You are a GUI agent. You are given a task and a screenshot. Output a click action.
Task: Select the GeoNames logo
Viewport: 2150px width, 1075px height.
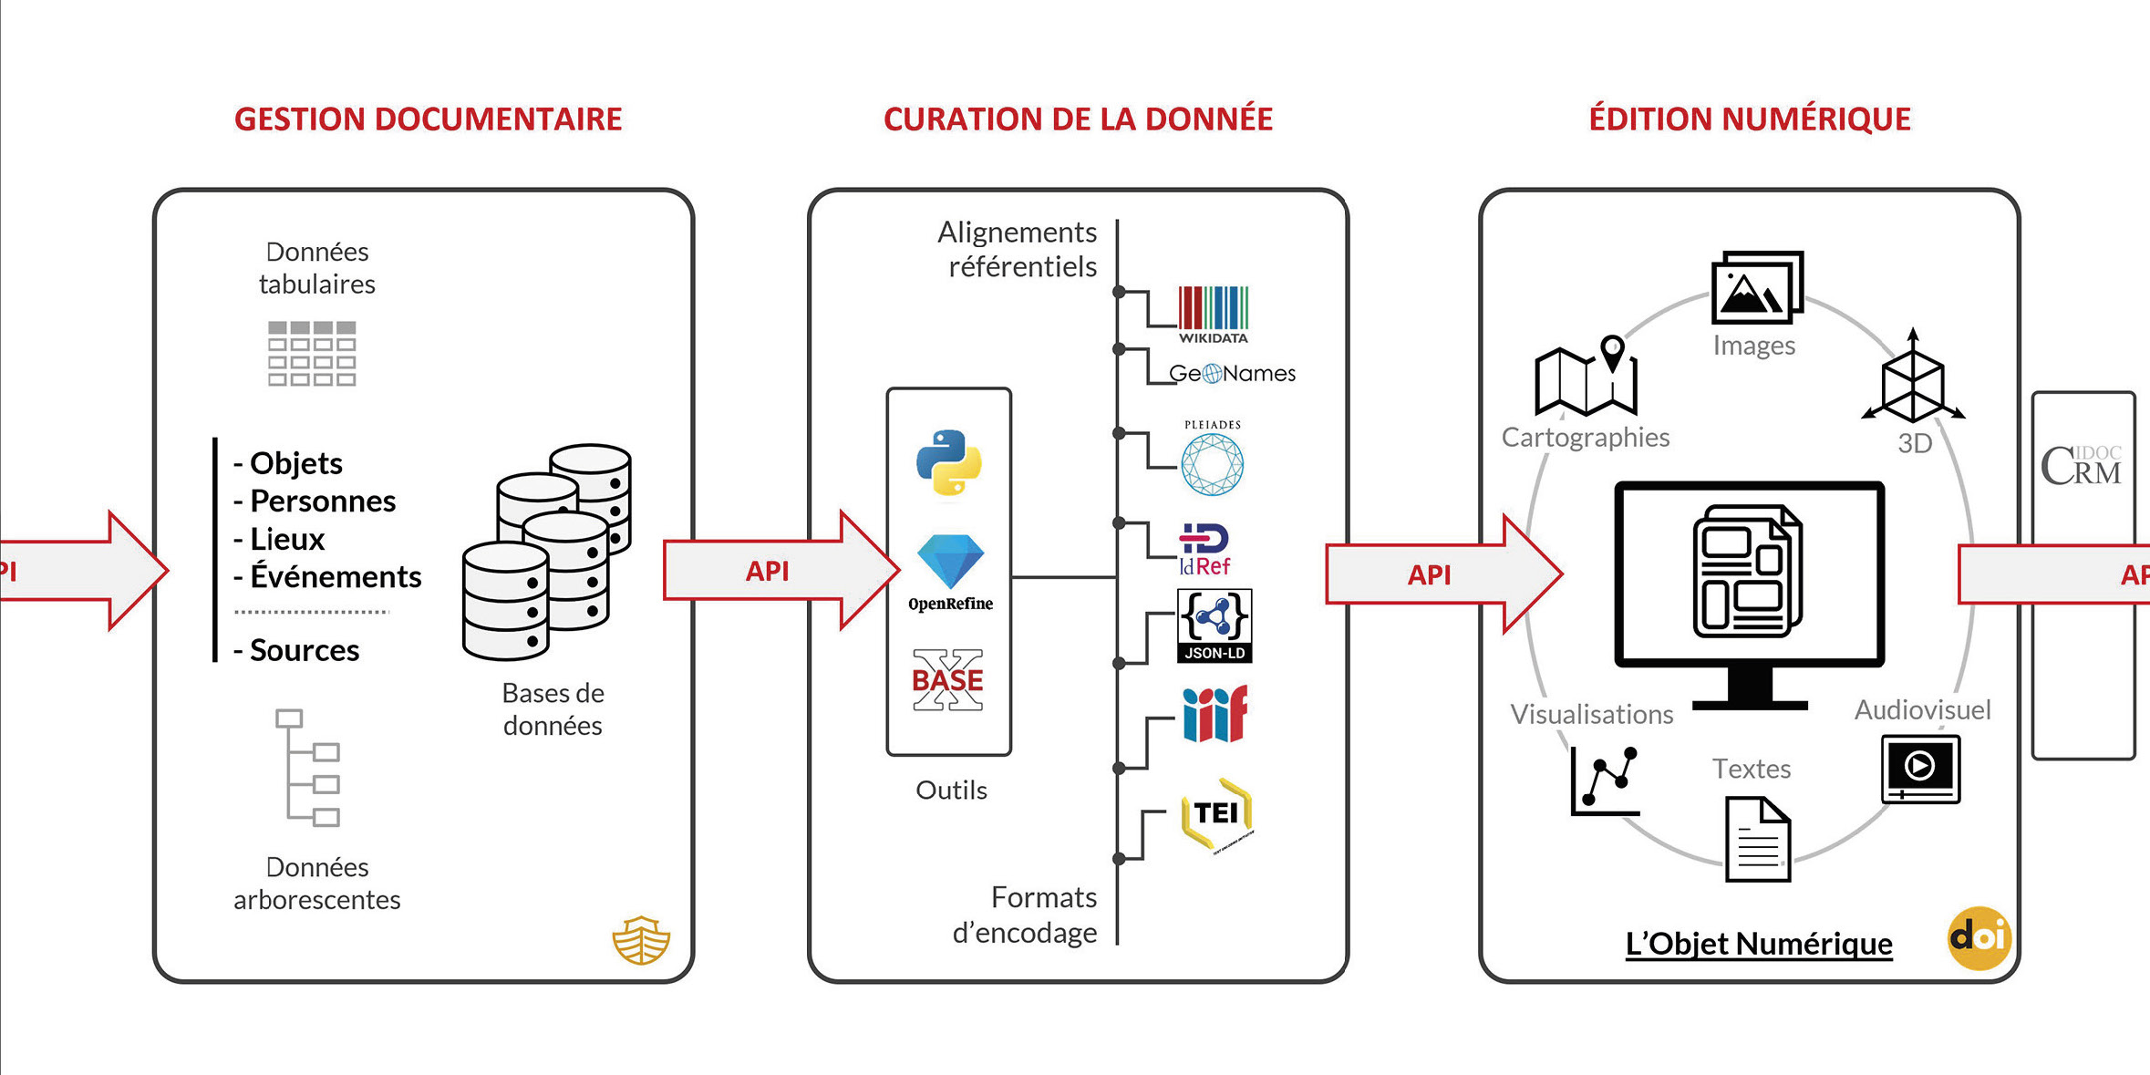[x=1232, y=373]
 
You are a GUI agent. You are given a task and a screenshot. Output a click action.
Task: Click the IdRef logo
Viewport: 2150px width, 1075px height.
[x=1204, y=550]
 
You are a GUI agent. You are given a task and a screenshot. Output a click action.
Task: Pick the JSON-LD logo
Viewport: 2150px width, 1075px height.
[x=1215, y=625]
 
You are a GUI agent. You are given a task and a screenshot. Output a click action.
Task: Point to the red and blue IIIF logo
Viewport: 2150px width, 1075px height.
[x=1215, y=714]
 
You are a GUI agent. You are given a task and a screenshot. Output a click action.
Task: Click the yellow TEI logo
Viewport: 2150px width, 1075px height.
[x=1216, y=813]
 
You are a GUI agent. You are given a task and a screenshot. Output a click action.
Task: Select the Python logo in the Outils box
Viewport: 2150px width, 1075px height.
[x=949, y=462]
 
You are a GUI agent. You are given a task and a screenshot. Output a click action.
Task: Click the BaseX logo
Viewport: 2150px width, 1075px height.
[x=948, y=680]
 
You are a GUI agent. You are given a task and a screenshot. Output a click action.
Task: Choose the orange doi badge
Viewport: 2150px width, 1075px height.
[x=1979, y=937]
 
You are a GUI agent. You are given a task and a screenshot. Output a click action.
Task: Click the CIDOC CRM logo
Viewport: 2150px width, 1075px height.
[x=2082, y=466]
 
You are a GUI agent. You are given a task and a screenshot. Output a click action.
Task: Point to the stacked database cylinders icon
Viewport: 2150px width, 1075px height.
[x=547, y=552]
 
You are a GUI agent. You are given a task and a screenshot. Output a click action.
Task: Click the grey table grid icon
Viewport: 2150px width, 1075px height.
[x=312, y=353]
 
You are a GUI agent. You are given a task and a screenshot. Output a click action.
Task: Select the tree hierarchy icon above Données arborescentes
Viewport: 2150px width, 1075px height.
[x=309, y=768]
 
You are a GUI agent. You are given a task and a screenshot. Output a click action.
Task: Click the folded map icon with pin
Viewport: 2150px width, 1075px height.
[x=1586, y=377]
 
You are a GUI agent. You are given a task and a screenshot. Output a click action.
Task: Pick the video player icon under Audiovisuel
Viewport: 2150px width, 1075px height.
[x=1920, y=769]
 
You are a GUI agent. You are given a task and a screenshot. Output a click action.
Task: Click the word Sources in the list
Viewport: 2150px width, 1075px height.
[x=305, y=650]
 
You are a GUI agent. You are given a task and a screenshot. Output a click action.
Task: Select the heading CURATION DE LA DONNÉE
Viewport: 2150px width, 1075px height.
[x=1078, y=119]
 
